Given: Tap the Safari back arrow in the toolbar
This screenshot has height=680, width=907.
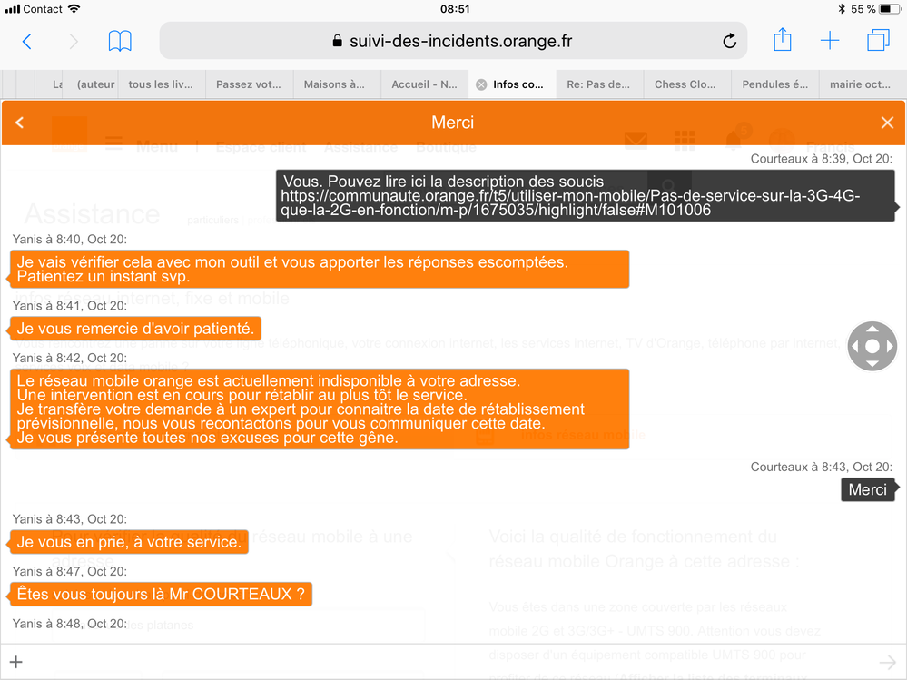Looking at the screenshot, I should (x=26, y=41).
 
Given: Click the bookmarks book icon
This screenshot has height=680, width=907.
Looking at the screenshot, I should (x=120, y=41).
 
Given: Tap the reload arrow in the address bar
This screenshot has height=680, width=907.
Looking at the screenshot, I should (x=728, y=41).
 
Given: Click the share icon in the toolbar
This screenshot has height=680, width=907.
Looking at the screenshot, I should (x=782, y=40).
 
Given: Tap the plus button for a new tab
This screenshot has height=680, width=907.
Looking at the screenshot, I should (x=830, y=41).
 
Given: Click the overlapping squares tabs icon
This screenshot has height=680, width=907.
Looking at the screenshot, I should (x=878, y=41).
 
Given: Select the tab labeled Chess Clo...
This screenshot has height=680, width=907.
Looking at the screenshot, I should (x=685, y=84).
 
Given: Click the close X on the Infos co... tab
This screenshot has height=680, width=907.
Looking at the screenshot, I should (x=481, y=84).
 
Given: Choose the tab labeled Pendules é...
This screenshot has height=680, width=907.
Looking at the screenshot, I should (x=774, y=84).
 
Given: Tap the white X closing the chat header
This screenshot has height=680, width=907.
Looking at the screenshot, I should (x=887, y=123).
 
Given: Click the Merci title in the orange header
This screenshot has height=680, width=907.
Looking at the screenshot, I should (x=453, y=123).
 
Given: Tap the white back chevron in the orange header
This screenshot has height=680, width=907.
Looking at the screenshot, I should (x=20, y=123).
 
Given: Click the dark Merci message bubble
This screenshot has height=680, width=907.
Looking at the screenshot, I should (x=867, y=489).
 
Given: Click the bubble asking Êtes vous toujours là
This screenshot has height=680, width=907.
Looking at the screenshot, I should (x=161, y=595).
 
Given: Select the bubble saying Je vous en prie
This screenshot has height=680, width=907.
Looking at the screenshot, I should (x=129, y=542).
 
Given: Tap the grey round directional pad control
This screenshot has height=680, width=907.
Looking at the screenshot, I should (x=872, y=346).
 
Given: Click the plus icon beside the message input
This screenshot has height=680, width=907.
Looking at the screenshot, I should (x=15, y=662).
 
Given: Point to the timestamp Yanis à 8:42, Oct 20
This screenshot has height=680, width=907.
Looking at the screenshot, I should (x=70, y=358).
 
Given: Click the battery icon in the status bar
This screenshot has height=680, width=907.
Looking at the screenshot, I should (x=888, y=9).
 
